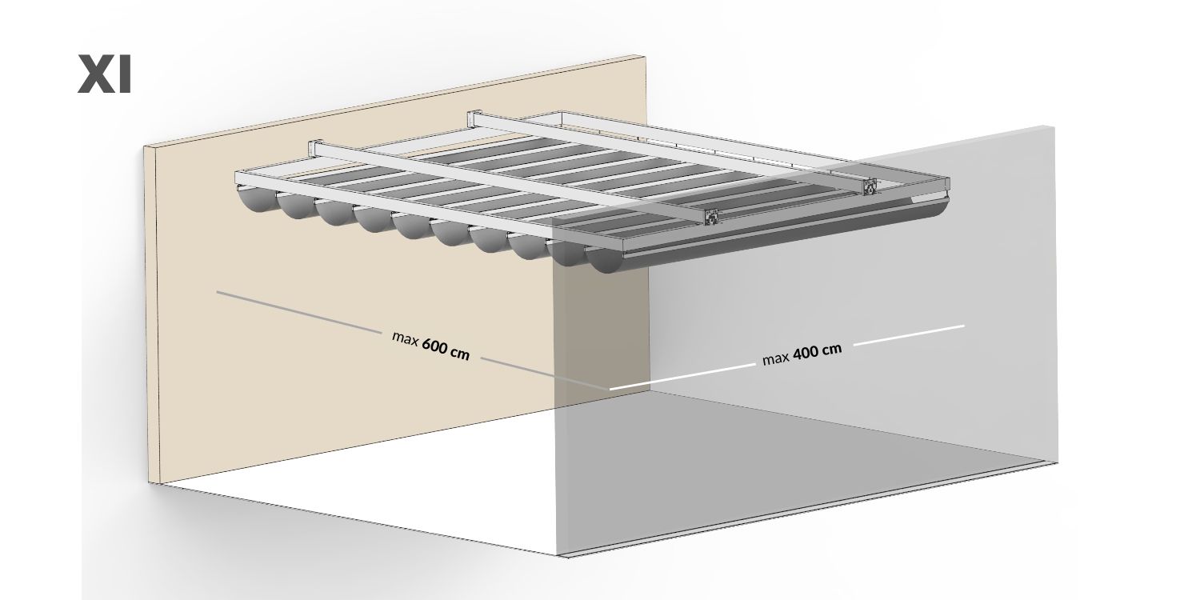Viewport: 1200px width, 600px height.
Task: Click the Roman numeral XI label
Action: tap(105, 74)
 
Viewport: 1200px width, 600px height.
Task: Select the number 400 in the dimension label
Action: tap(805, 353)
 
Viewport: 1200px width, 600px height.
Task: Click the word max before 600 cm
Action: tap(405, 338)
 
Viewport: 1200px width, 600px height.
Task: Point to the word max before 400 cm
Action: tap(776, 358)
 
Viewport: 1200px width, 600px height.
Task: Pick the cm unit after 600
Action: tap(460, 354)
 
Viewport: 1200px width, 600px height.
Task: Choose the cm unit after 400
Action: tap(831, 350)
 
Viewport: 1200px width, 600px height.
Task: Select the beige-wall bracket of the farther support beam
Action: tap(474, 118)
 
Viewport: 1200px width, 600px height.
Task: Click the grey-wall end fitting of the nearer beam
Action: tap(711, 217)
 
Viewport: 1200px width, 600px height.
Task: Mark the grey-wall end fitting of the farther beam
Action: tap(870, 187)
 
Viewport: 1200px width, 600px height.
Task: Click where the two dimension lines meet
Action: tap(609, 388)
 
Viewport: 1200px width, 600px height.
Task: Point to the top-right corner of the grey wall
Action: tap(1054, 127)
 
